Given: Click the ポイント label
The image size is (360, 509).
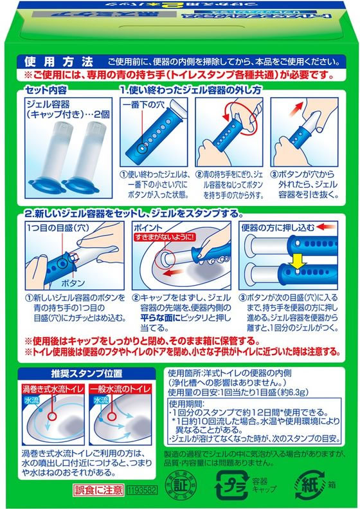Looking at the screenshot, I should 145,228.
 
